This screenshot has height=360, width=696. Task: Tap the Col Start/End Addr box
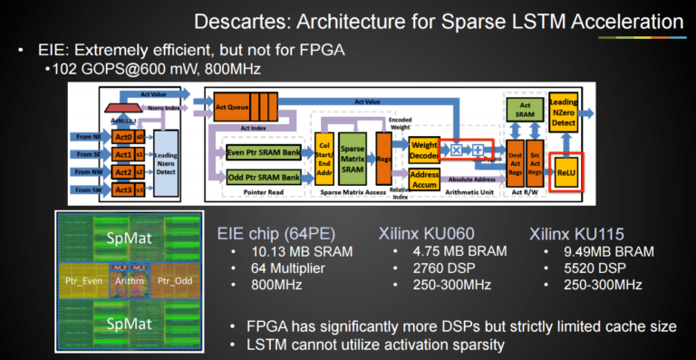tap(323, 153)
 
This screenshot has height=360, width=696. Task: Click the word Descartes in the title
tap(318, 19)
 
